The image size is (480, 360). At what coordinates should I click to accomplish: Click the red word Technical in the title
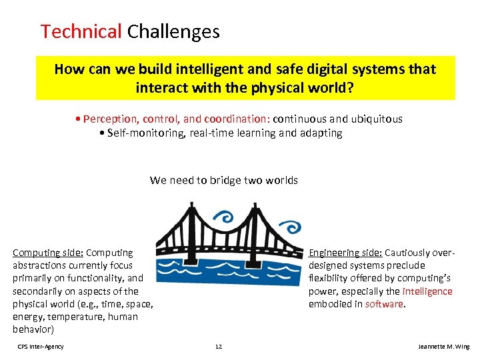81,31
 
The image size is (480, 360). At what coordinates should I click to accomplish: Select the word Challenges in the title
173,31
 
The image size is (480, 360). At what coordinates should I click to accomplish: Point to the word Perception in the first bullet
110,119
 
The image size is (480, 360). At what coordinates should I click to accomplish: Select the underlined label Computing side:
48,253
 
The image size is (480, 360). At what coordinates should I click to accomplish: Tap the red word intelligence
427,291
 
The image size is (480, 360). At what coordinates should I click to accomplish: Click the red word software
384,304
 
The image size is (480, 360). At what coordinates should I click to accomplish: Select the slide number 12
218,347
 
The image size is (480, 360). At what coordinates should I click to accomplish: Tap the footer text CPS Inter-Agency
41,347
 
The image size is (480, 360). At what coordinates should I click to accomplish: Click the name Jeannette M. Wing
443,347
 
